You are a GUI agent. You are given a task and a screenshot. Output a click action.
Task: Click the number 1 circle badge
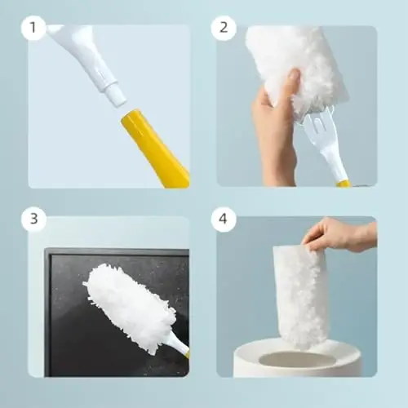point(33,29)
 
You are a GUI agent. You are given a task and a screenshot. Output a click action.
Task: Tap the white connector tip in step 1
point(114,94)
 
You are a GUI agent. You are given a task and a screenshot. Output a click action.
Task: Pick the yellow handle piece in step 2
point(344,184)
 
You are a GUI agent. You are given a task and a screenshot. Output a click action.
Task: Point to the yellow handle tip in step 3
point(187,356)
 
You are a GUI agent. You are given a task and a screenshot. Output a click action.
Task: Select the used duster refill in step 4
point(303,294)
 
